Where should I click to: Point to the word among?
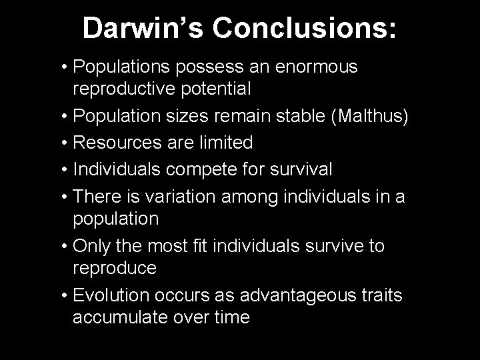coord(265,197)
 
